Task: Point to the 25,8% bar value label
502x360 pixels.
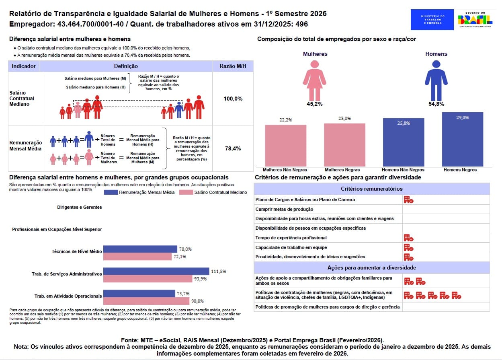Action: (404, 123)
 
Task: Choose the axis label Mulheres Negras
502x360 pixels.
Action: (344, 170)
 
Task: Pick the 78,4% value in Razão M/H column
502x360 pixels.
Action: (233, 148)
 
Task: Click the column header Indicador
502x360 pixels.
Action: (24, 66)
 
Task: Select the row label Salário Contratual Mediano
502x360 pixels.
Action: (22, 99)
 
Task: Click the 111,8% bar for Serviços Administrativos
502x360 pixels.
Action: (156, 271)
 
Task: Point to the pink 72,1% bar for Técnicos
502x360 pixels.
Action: (137, 257)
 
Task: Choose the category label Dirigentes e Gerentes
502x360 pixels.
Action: (79, 207)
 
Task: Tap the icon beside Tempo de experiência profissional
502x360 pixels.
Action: (408, 238)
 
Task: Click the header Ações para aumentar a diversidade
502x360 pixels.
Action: (371, 267)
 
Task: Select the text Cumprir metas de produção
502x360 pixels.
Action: (284, 209)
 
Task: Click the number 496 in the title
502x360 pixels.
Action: (301, 24)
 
